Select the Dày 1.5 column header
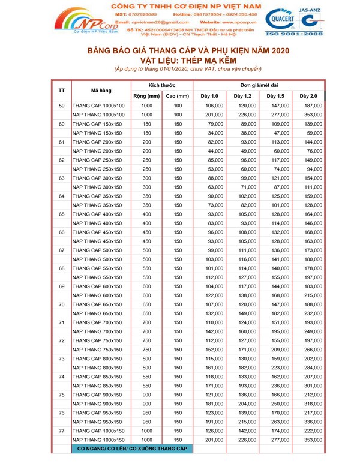pos(275,96)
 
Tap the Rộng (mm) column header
pos(146,96)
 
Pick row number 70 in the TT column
pos(62,304)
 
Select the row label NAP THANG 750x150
pos(98,349)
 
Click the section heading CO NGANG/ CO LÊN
pos(133,449)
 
